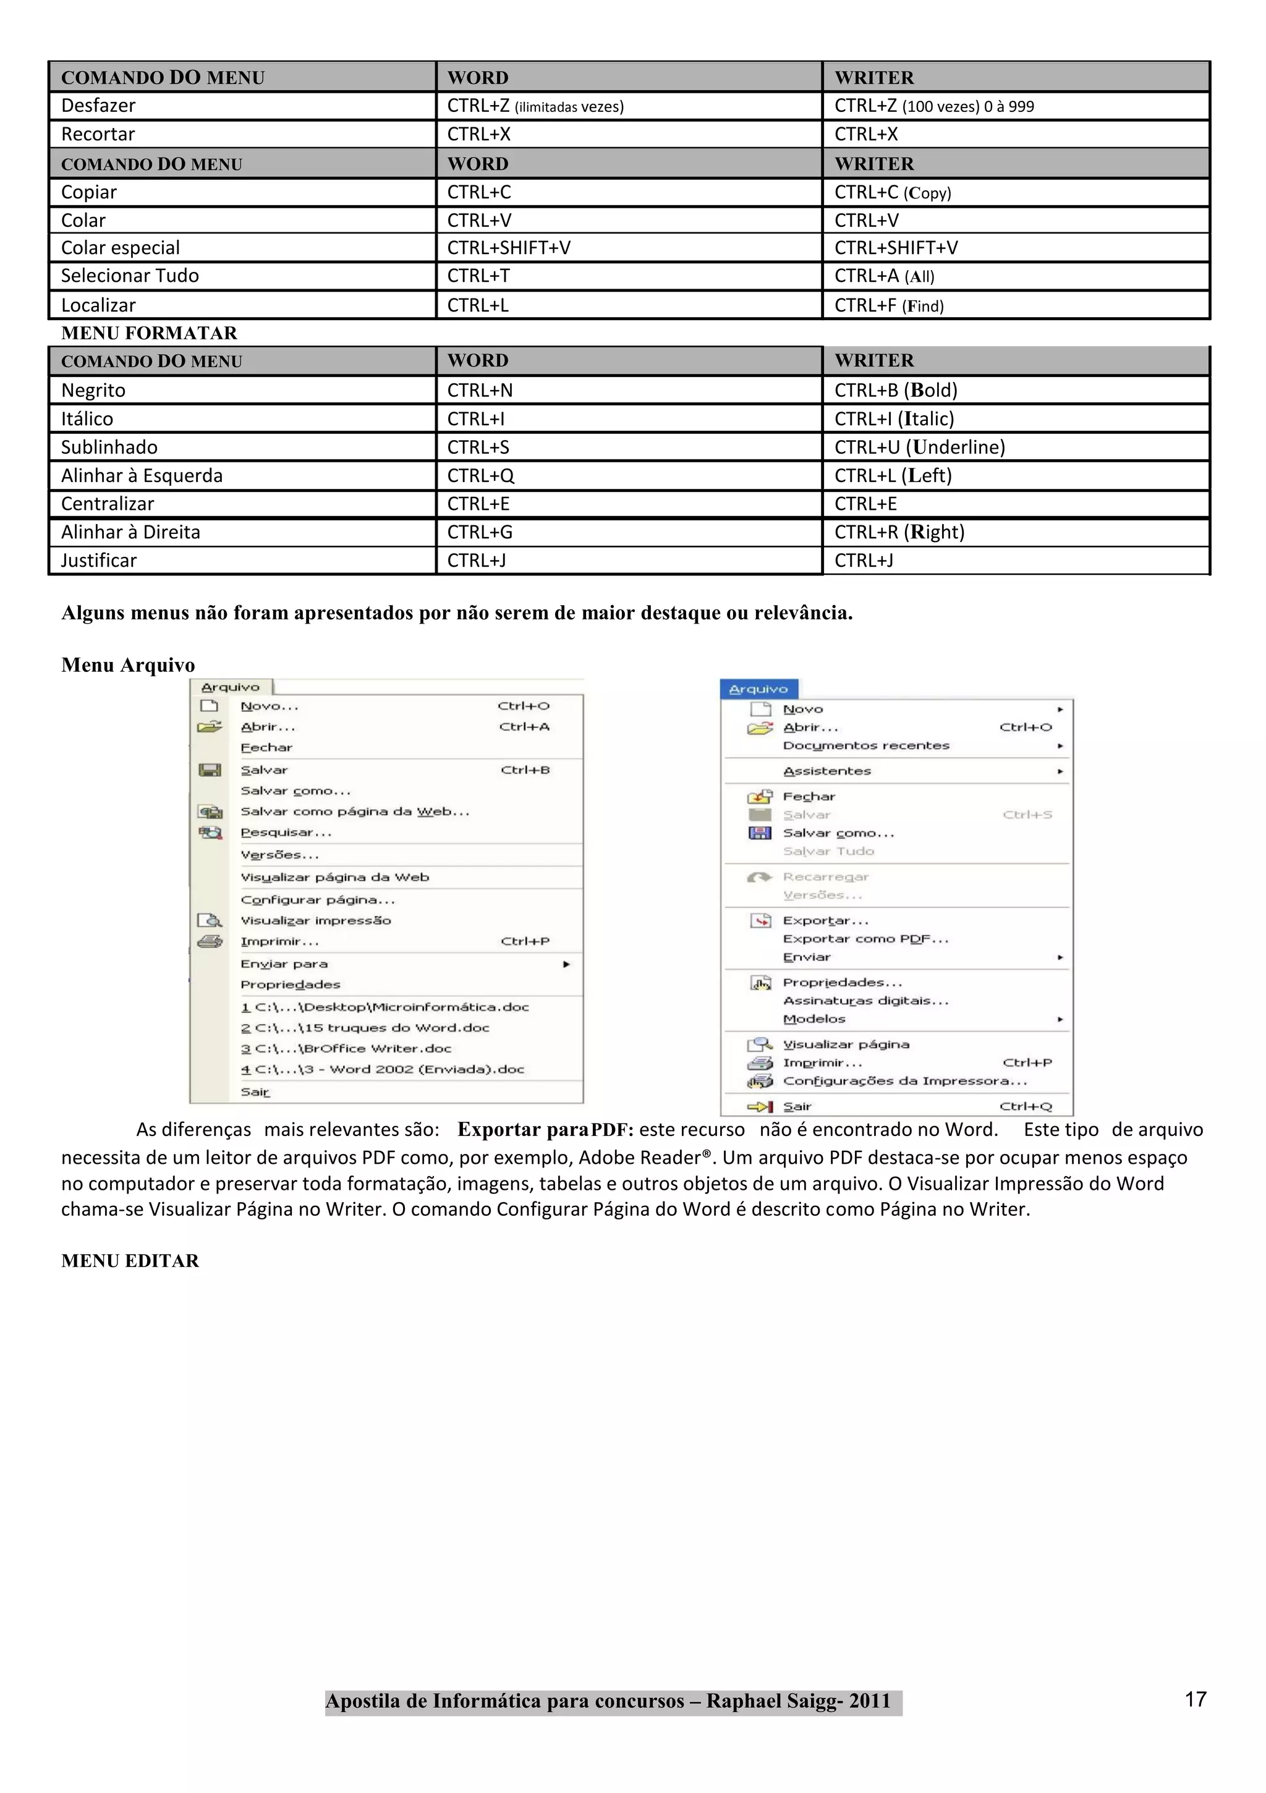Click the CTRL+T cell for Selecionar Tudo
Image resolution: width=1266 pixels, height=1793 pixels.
(x=478, y=276)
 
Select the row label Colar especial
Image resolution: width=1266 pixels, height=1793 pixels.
(x=121, y=248)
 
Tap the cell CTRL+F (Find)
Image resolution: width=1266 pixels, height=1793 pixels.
(x=889, y=305)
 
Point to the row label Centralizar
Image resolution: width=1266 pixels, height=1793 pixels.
(x=108, y=504)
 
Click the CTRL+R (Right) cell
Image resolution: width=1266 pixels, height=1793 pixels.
(x=899, y=532)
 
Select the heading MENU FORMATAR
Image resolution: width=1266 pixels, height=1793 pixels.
(x=149, y=333)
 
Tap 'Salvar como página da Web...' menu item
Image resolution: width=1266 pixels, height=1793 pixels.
(x=355, y=812)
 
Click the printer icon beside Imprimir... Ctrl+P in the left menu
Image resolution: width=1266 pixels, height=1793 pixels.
(x=210, y=941)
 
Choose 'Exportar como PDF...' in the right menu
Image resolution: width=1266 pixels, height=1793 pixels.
(x=865, y=939)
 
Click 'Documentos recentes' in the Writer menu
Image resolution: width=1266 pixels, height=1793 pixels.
(x=865, y=746)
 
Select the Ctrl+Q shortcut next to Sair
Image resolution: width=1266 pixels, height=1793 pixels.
(x=1026, y=1106)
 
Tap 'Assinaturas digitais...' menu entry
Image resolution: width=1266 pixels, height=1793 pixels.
(x=865, y=1001)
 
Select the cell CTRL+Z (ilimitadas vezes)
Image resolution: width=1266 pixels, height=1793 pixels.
(x=535, y=106)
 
